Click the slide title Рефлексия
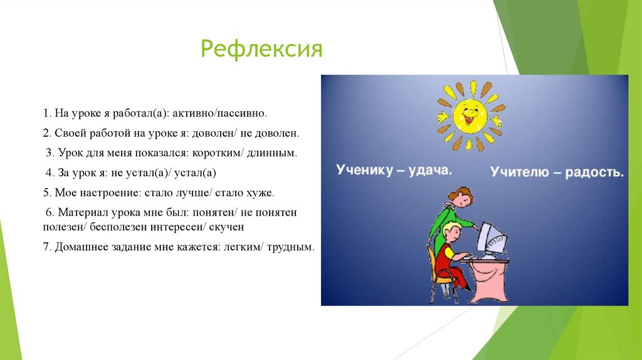[x=261, y=50]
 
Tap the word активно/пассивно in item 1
[x=219, y=113]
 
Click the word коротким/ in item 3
[x=218, y=153]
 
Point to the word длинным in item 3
[x=271, y=153]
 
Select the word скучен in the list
[x=226, y=226]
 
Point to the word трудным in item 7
[x=290, y=246]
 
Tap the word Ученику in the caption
[x=364, y=169]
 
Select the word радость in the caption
[x=594, y=172]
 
